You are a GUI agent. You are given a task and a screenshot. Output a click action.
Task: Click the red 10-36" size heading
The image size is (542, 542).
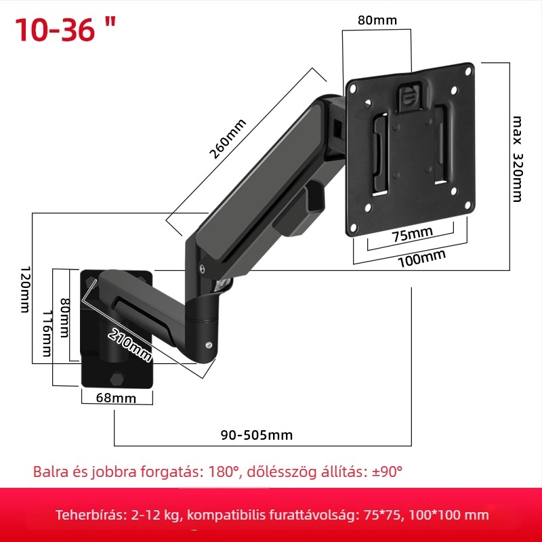tap(65, 29)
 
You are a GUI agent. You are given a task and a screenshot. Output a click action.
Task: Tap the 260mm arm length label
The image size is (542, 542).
tap(228, 139)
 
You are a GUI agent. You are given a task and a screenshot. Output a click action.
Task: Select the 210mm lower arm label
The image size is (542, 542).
tap(129, 345)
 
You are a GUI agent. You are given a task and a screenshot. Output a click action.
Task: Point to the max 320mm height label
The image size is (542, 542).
tap(517, 159)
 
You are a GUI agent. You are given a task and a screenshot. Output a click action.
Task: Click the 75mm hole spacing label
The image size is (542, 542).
tap(412, 234)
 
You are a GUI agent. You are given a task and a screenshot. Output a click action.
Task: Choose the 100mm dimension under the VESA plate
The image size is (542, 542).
tap(421, 258)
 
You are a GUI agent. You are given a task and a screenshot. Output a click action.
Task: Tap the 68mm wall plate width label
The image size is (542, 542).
tap(116, 398)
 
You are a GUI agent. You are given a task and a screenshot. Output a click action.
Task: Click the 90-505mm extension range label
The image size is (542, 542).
tap(257, 435)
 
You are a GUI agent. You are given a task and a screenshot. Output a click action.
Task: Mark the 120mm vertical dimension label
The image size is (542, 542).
tap(25, 289)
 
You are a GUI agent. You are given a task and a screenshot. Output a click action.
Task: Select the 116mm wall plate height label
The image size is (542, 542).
tap(47, 333)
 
